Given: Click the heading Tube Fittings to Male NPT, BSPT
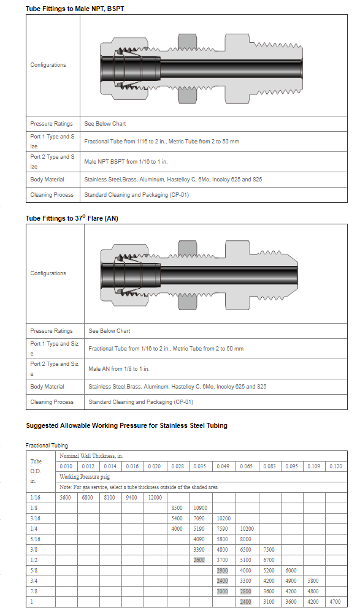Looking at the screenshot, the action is pyautogui.click(x=75, y=8).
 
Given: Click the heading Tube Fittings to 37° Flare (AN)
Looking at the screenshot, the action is pyautogui.click(x=72, y=218).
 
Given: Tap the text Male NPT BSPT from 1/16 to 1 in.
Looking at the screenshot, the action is pyautogui.click(x=126, y=161).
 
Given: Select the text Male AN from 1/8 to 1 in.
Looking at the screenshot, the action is pyautogui.click(x=119, y=368).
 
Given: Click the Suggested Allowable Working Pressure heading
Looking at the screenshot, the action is pyautogui.click(x=126, y=425).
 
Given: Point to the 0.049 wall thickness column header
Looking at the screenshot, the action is pyautogui.click(x=223, y=466).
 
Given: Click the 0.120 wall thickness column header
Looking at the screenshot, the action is pyautogui.click(x=335, y=466).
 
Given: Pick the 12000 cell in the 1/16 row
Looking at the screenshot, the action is pyautogui.click(x=155, y=497).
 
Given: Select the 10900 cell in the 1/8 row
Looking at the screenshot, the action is pyautogui.click(x=201, y=508).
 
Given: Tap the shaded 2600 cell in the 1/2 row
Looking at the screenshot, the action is pyautogui.click(x=199, y=560).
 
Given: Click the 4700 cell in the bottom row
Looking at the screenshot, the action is pyautogui.click(x=335, y=601).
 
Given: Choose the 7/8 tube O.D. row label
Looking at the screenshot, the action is pyautogui.click(x=34, y=591).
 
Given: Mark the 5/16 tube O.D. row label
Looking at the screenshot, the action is pyautogui.click(x=36, y=539).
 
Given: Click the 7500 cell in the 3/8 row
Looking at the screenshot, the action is pyautogui.click(x=269, y=549).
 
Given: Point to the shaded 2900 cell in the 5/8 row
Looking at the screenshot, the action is pyautogui.click(x=223, y=570).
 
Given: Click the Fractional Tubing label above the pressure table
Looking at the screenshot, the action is pyautogui.click(x=47, y=445).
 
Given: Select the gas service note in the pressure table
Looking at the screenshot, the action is pyautogui.click(x=139, y=487).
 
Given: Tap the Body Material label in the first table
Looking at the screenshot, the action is pyautogui.click(x=47, y=179).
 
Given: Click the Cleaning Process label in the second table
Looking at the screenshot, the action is pyautogui.click(x=52, y=402).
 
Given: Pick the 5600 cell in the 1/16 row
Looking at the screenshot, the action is pyautogui.click(x=65, y=497).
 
